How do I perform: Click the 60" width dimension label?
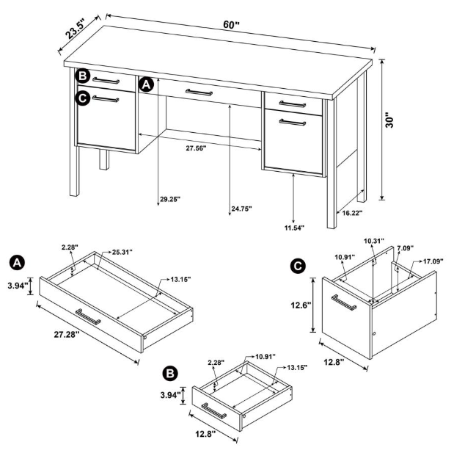[231, 25]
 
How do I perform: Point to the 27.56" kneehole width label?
[195, 148]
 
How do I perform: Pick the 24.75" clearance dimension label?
[241, 209]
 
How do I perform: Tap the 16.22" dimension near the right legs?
[349, 213]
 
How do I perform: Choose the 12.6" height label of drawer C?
[301, 305]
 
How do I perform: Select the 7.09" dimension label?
[406, 250]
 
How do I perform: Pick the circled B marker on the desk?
[82, 76]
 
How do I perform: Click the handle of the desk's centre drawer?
[199, 92]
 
